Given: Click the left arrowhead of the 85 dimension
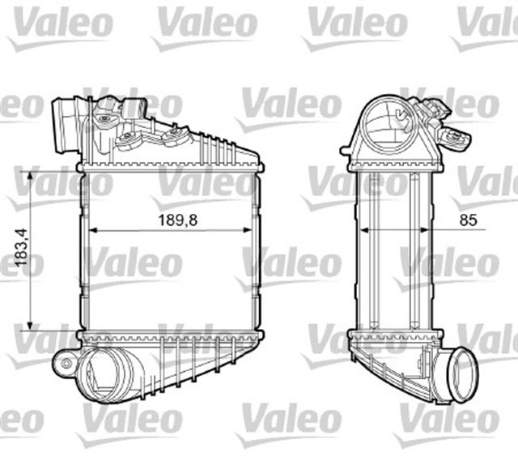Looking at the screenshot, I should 363,229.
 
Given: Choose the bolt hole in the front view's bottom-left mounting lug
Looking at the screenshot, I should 63,364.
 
